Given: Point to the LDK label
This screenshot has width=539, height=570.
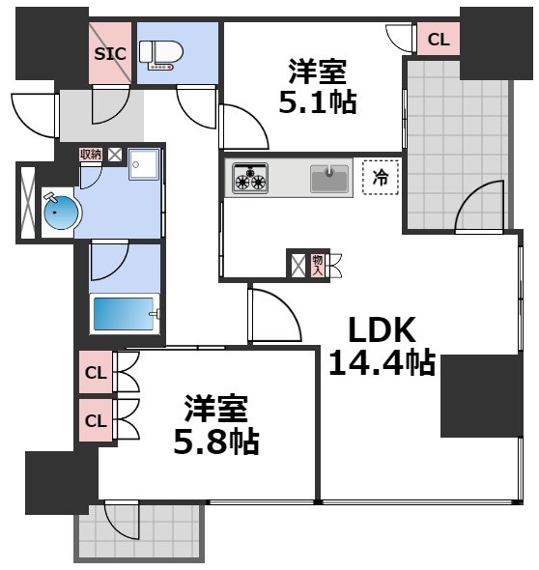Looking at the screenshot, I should [x=381, y=331].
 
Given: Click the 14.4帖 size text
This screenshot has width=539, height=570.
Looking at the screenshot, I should [x=381, y=363].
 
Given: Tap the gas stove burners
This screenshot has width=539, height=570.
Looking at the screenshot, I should [x=251, y=178].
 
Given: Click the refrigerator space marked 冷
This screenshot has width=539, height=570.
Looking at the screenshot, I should [x=381, y=179].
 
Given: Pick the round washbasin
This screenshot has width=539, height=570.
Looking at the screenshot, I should [x=58, y=213].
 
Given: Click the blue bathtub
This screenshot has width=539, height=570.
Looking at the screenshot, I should [x=124, y=315].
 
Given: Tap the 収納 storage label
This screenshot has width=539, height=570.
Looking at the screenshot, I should [x=91, y=154].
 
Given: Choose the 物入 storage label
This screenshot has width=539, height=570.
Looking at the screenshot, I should [x=317, y=264].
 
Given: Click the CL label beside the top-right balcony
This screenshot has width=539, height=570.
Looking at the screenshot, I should [x=438, y=40].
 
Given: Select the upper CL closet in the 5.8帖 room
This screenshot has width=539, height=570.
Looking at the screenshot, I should [x=96, y=372].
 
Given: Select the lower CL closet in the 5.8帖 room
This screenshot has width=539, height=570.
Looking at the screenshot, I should [x=96, y=420].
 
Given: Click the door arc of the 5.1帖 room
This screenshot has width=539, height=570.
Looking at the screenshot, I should [x=240, y=133].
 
